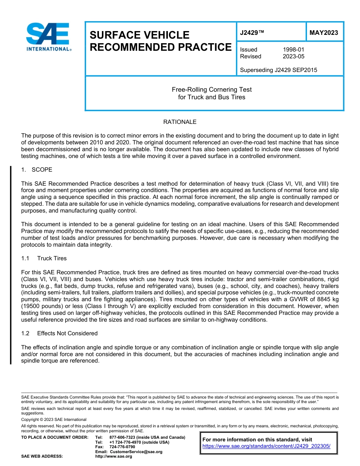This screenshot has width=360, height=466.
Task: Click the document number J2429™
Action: click(252, 33)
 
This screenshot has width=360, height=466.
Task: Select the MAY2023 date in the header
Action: click(324, 33)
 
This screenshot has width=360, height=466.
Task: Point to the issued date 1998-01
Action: click(293, 50)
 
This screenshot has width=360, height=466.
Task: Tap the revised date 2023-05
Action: click(293, 56)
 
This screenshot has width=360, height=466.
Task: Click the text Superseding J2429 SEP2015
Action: click(279, 70)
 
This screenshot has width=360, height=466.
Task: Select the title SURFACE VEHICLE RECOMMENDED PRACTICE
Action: click(160, 41)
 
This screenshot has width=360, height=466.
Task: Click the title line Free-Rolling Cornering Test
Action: click(211, 90)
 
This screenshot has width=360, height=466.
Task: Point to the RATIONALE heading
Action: click(180, 122)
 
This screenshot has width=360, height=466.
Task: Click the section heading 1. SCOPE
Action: click(37, 170)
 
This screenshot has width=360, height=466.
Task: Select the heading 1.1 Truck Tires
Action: click(44, 258)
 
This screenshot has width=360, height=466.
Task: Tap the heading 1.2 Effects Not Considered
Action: click(59, 333)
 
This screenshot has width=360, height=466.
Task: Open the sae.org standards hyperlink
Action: click(266, 446)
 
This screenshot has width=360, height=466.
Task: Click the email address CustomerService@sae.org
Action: click(136, 452)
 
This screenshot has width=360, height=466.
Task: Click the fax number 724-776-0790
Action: click(122, 447)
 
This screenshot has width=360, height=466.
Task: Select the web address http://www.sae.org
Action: click(113, 456)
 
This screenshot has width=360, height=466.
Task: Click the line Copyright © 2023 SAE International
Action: click(54, 419)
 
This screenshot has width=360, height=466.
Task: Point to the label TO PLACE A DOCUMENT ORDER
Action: click(55, 437)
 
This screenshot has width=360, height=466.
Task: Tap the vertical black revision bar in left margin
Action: click(11, 265)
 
